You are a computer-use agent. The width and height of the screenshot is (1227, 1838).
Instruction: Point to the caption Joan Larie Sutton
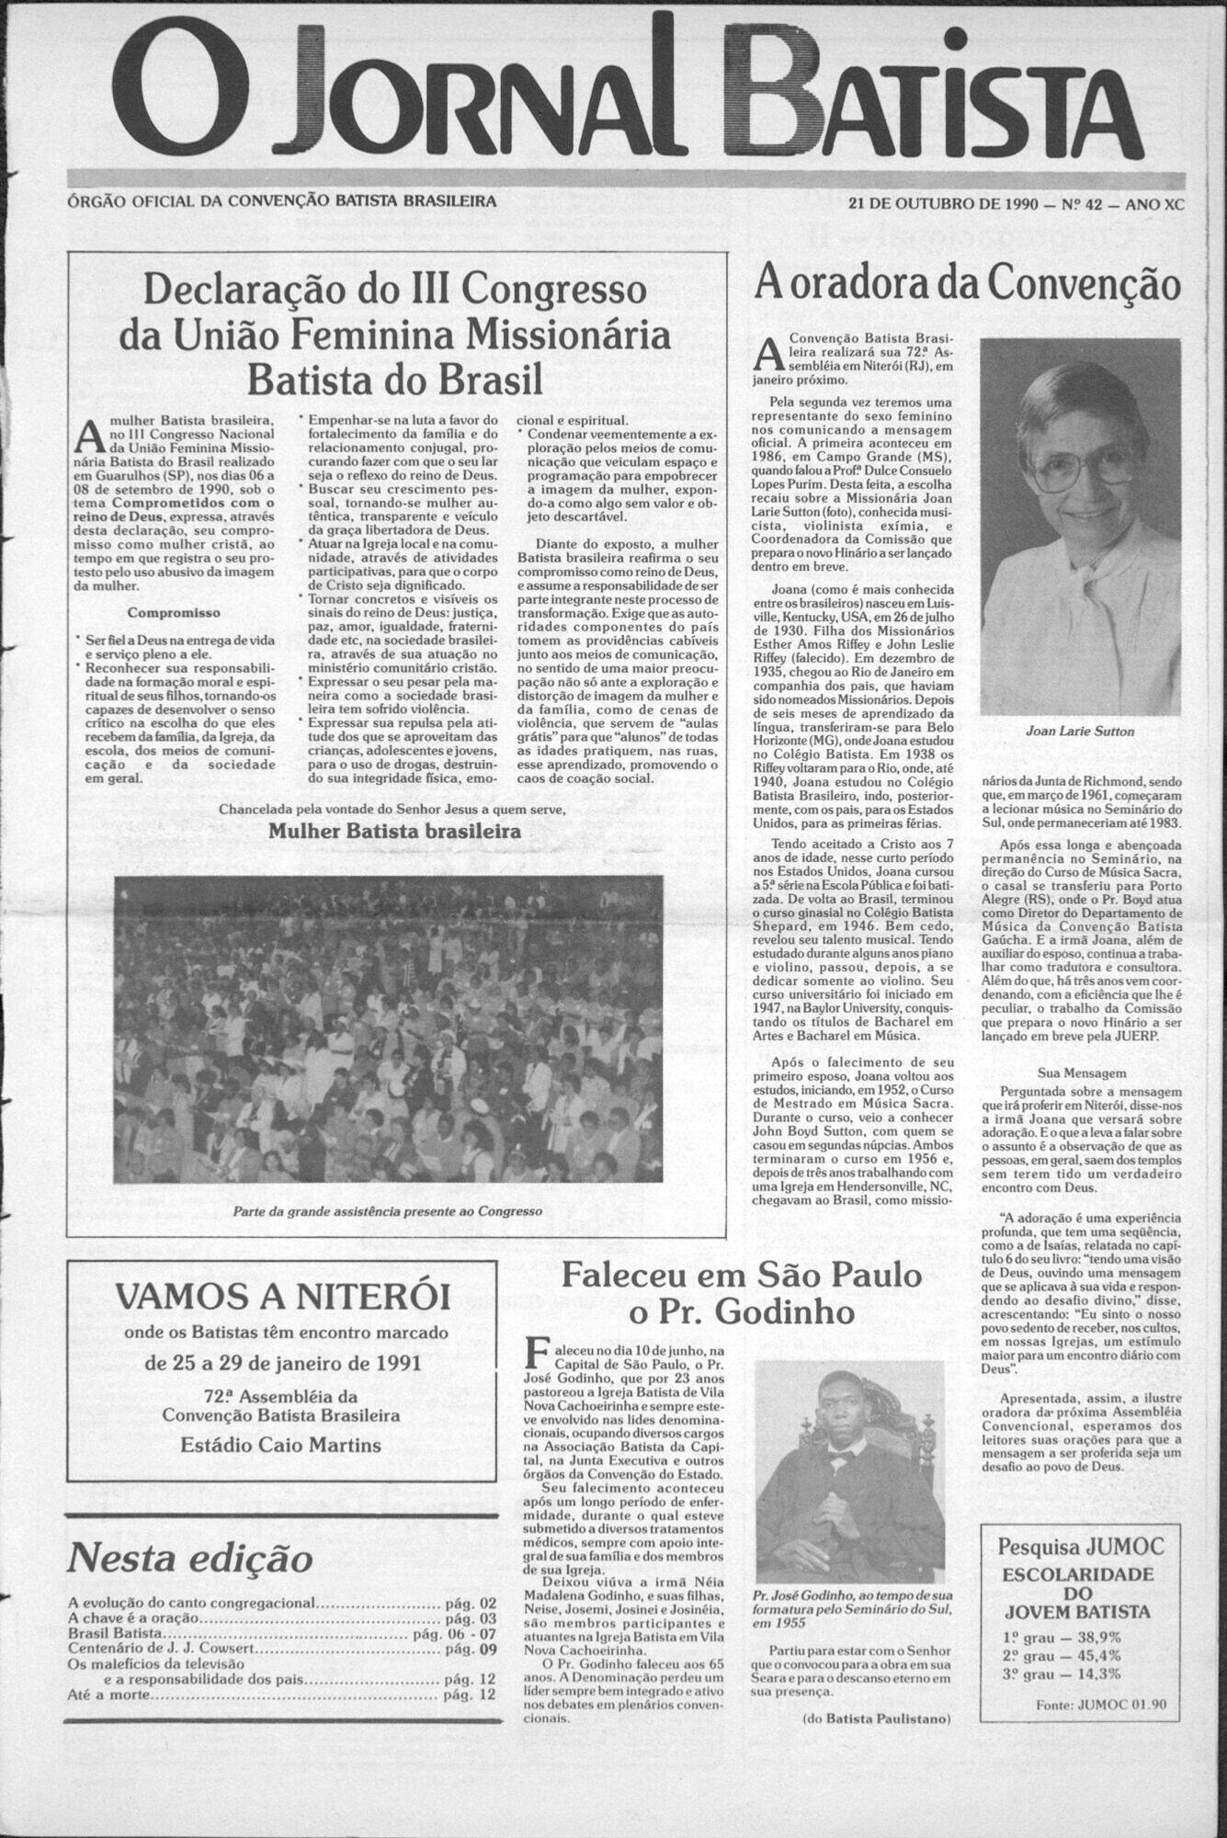tap(1079, 732)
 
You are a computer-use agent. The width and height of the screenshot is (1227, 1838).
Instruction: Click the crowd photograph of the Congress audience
tap(388, 1030)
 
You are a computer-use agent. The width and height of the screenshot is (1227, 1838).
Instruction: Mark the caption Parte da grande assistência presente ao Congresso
tap(388, 1210)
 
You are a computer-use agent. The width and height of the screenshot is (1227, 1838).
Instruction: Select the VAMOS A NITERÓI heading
tap(282, 1297)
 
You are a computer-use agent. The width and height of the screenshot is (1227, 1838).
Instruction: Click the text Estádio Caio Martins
tap(280, 1446)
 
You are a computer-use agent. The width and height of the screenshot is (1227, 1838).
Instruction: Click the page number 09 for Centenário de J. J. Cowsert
tap(485, 1649)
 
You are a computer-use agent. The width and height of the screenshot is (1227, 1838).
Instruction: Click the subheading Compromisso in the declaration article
tap(174, 612)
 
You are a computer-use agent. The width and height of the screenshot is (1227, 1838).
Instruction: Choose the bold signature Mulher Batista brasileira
tap(394, 831)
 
